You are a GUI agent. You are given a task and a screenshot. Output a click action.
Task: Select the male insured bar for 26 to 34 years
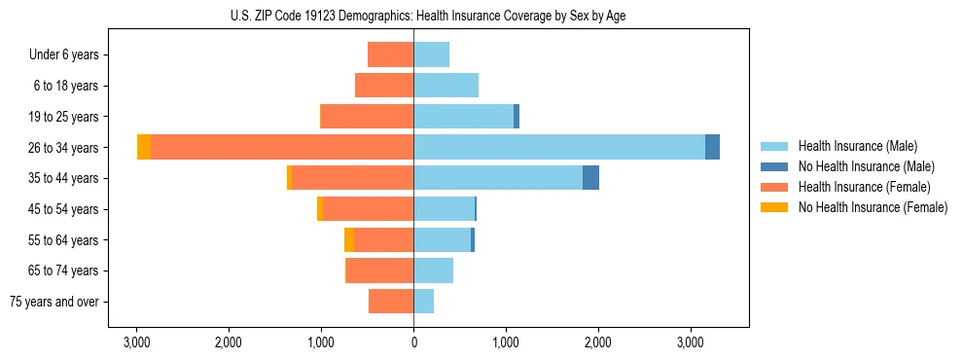559,147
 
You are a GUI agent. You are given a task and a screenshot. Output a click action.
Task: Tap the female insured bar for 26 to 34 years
282,147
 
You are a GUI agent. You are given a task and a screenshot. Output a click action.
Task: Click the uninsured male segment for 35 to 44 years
590,178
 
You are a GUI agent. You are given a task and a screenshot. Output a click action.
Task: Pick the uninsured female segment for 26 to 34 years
144,147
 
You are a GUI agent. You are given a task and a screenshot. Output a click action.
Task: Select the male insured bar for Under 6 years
431,54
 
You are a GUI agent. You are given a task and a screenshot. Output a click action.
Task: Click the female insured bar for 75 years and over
391,302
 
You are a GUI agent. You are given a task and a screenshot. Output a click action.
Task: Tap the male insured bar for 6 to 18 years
446,86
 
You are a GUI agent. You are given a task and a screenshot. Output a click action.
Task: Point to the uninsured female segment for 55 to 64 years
349,239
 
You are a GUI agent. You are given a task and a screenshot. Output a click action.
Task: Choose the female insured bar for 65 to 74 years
379,270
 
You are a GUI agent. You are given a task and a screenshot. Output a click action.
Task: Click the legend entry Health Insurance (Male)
857,146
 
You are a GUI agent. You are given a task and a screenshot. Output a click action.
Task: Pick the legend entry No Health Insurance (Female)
873,207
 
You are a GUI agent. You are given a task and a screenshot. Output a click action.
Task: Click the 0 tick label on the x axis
413,342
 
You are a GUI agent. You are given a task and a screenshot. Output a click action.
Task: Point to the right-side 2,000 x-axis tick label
598,342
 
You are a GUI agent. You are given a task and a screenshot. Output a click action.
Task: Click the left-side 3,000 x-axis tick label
136,342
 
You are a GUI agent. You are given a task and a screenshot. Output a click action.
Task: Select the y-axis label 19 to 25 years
65,117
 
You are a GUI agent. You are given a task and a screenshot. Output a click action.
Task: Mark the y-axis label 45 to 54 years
65,209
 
